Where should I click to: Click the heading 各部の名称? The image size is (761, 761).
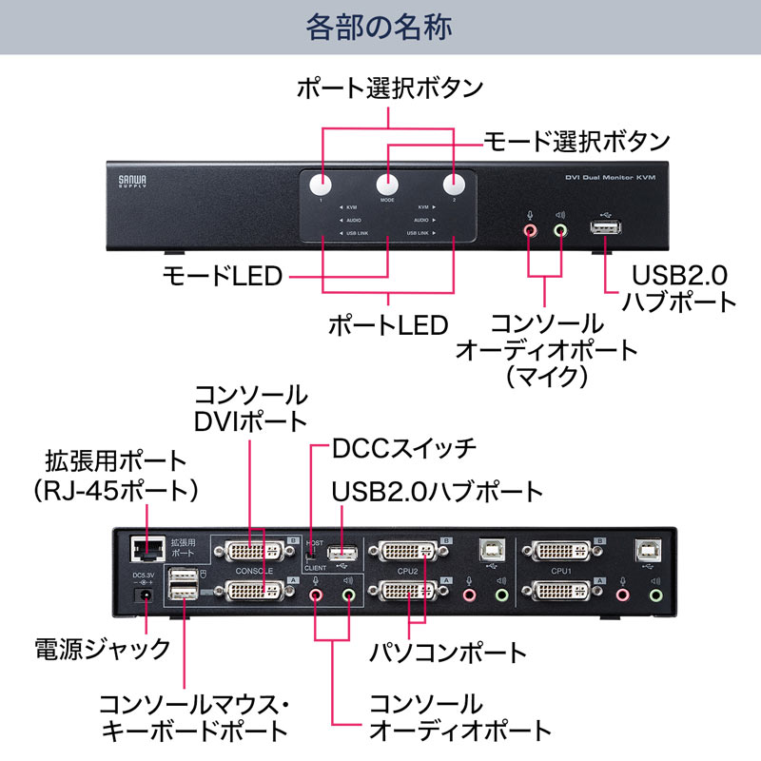(x=380, y=27)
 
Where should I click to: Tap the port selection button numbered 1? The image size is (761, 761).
(x=322, y=185)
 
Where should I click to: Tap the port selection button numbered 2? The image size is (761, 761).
(x=453, y=185)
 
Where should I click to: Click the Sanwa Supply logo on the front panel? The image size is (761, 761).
(x=127, y=180)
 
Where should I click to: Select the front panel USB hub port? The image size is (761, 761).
(x=604, y=229)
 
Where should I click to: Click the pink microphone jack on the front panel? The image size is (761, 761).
(x=530, y=229)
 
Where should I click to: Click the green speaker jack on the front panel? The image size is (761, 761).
(x=560, y=229)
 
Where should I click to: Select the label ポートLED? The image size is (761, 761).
(x=387, y=325)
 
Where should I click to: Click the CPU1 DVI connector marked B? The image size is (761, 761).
(x=559, y=552)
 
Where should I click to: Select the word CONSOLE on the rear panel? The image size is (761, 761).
(x=256, y=571)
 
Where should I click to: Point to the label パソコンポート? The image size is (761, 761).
(x=448, y=653)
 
